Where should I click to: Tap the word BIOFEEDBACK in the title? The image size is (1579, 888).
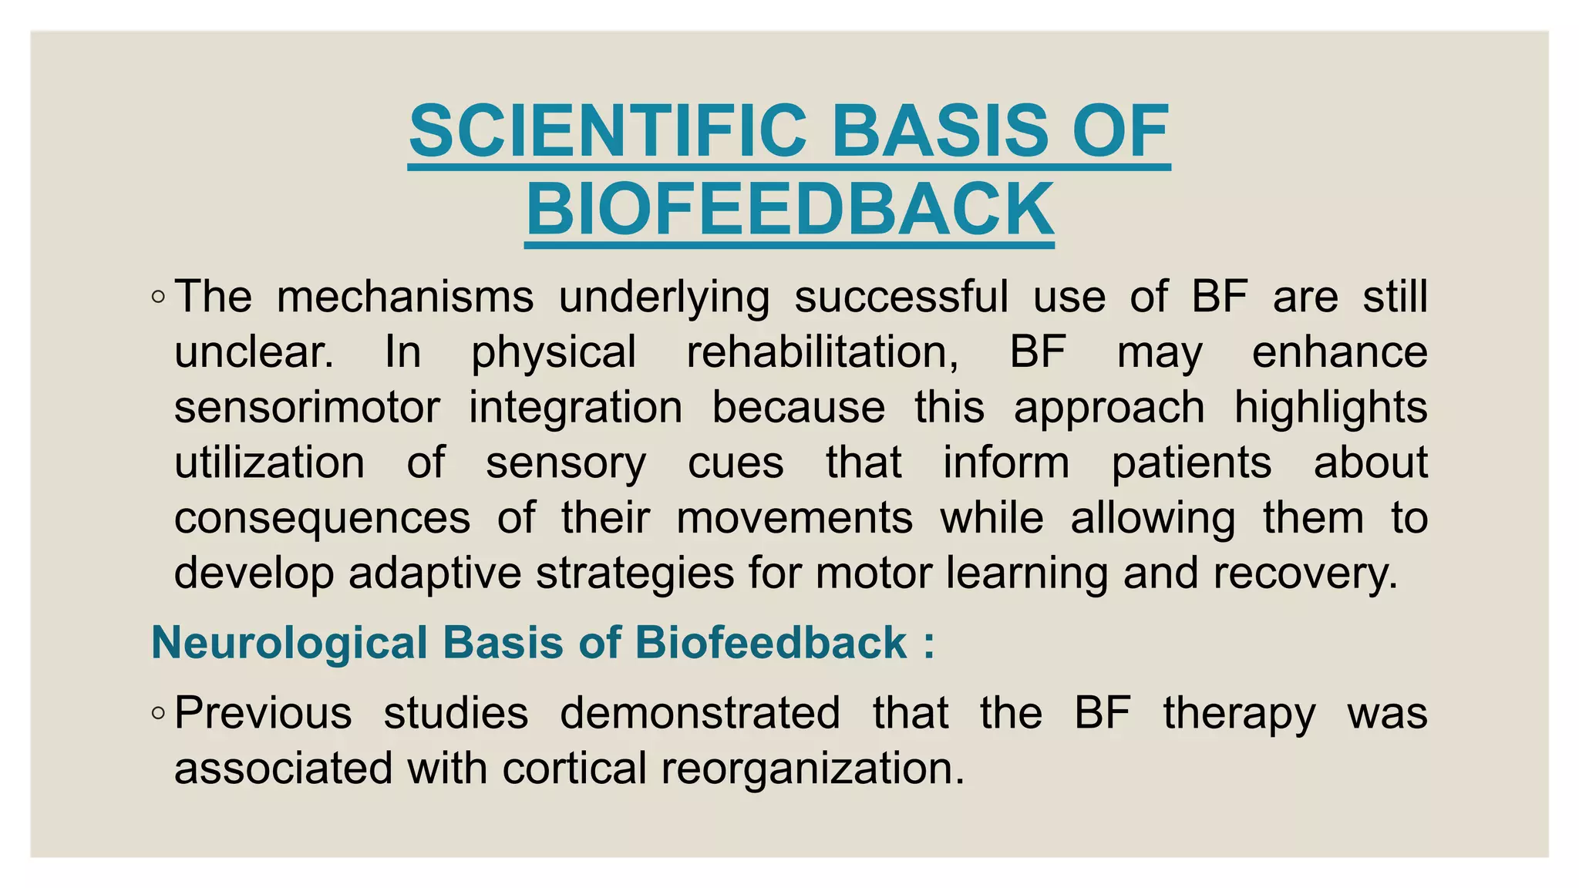click(789, 209)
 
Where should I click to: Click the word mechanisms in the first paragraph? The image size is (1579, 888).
click(405, 297)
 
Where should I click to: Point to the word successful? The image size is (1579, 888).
click(901, 297)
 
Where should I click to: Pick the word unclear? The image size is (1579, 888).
click(254, 352)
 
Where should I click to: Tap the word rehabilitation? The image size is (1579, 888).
click(823, 352)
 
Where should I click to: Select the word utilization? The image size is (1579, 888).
click(269, 462)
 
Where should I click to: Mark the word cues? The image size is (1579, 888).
click(736, 462)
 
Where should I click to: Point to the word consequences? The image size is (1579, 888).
click(322, 518)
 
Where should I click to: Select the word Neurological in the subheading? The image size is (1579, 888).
click(289, 642)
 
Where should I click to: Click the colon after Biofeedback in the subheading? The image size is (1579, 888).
click(928, 644)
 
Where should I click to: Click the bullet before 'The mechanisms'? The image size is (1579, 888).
click(158, 297)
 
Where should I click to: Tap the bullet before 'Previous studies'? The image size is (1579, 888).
click(158, 713)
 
